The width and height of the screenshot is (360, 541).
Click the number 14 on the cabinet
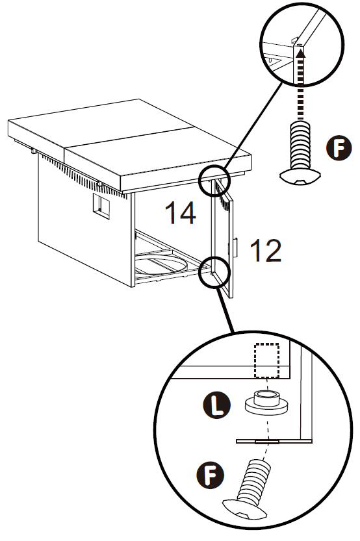181,212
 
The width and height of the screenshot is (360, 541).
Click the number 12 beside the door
265,250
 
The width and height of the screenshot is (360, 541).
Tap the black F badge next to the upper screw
339,148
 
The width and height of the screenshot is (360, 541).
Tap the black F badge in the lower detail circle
210,475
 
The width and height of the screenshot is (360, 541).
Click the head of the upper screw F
300,176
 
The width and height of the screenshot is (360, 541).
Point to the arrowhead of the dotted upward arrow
302,53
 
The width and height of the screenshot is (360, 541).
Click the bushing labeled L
266,403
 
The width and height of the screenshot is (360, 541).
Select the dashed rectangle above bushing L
266,360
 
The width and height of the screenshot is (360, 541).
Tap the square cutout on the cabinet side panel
101,207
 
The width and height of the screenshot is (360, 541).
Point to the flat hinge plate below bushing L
274,441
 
